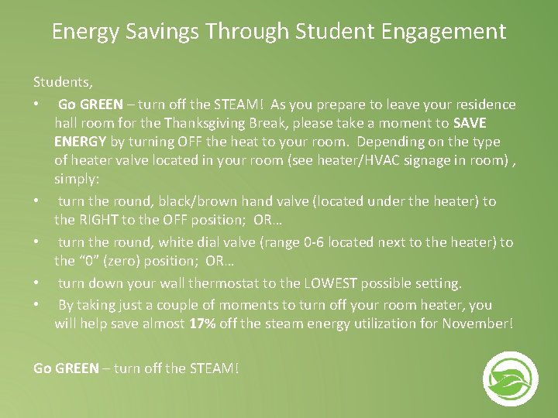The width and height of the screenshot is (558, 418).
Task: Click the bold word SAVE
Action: tap(470, 123)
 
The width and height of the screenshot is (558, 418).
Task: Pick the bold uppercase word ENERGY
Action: tap(81, 142)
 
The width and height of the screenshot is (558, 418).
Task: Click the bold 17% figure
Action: tap(202, 324)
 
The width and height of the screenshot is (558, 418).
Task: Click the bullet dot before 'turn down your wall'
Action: tap(36, 283)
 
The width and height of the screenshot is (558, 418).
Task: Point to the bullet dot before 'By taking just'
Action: tap(36, 305)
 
